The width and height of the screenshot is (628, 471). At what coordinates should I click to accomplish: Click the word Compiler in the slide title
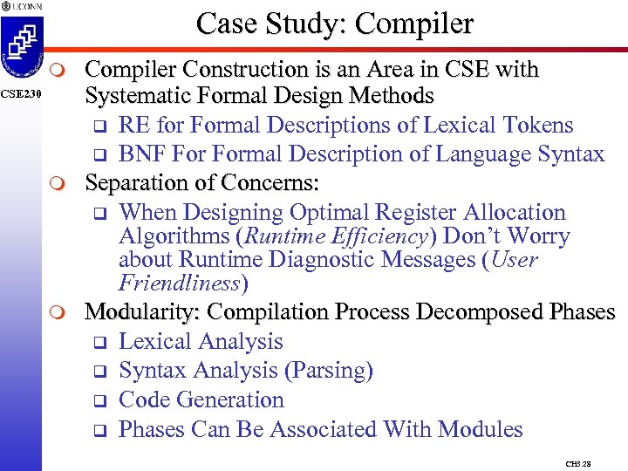point(422,24)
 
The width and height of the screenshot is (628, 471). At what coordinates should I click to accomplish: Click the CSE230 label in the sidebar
point(19,94)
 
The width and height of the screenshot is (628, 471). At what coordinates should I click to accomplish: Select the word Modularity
point(141,312)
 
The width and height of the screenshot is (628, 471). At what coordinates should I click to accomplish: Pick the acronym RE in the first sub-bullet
point(133,125)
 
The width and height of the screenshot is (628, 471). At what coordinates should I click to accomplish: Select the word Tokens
point(537,125)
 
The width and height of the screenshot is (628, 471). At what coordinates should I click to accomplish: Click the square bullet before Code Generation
point(99,401)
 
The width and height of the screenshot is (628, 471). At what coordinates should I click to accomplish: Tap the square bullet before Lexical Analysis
point(99,343)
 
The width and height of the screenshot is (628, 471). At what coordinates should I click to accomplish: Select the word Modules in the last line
point(480,429)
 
